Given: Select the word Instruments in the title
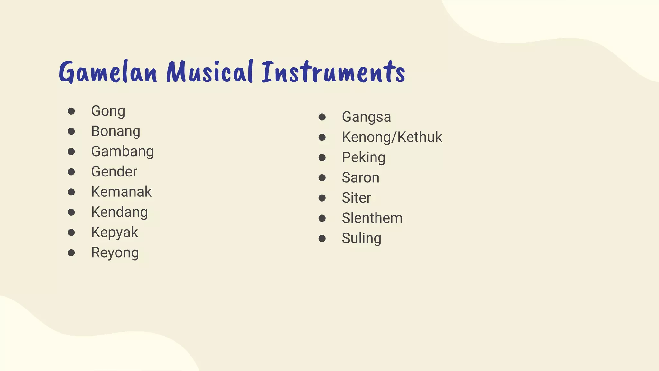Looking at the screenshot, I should [333, 72].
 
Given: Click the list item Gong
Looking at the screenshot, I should [108, 111].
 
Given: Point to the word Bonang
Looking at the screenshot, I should [116, 131].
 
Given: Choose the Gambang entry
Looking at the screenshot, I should [122, 152].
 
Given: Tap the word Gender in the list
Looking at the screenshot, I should [114, 172].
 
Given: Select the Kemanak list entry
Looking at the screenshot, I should [121, 192].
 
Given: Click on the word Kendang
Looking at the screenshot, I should [119, 212].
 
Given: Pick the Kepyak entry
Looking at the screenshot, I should [115, 233].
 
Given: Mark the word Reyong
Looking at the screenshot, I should [115, 253].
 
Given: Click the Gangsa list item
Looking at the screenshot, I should [366, 117].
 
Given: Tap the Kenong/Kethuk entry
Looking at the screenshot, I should [392, 137].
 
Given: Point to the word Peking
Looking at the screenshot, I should [364, 157].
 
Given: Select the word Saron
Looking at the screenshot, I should [360, 178].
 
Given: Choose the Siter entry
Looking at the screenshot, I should [356, 198].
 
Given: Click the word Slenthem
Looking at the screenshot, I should [372, 218].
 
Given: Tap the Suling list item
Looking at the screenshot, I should [361, 239].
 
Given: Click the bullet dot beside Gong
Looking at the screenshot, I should [71, 111].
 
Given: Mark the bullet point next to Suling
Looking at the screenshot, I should [322, 238].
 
